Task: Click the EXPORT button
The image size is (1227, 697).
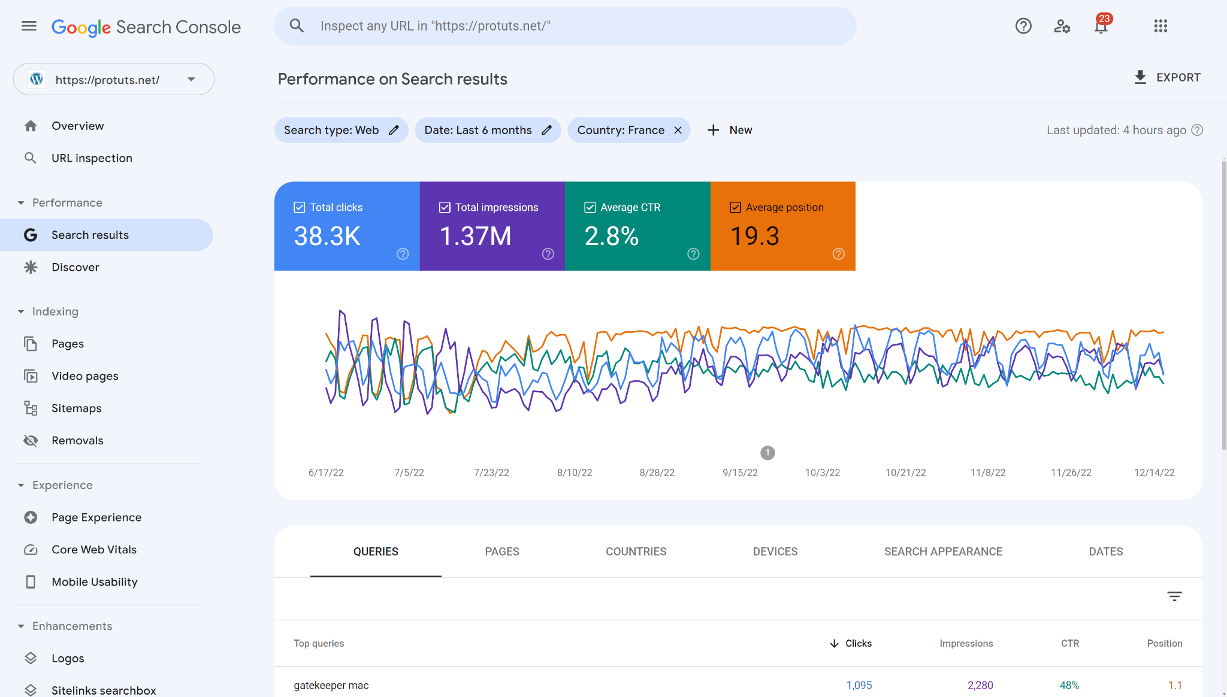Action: pos(1167,77)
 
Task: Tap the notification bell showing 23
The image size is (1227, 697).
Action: pos(1101,26)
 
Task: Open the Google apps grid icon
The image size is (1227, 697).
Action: pos(1160,26)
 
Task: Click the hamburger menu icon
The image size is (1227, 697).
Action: pos(29,26)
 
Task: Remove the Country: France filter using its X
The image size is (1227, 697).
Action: pos(678,130)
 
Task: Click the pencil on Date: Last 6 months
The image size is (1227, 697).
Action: pos(546,130)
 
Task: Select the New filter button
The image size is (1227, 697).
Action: pos(730,130)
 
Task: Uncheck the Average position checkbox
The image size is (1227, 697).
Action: pos(735,207)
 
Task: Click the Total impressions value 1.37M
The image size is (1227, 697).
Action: pos(475,236)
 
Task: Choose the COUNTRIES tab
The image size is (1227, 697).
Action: pos(636,551)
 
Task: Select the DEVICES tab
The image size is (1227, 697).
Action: pos(775,551)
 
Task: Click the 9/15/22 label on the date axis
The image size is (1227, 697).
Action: pos(740,472)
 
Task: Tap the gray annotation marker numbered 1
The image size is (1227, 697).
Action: pos(767,453)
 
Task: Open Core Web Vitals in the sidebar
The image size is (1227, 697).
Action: pos(94,550)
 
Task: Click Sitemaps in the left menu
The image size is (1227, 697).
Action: pos(76,408)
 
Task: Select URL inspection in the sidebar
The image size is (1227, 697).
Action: pos(92,158)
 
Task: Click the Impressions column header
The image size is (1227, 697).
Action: pos(966,643)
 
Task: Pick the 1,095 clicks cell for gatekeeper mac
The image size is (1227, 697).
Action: pos(859,685)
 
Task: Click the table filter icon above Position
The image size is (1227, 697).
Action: pos(1174,596)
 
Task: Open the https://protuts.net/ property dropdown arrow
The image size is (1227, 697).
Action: pos(191,79)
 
